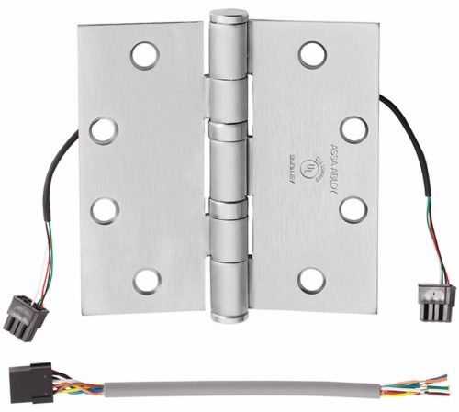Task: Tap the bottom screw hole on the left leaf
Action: point(145,280)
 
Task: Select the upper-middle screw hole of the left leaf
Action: point(104,129)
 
